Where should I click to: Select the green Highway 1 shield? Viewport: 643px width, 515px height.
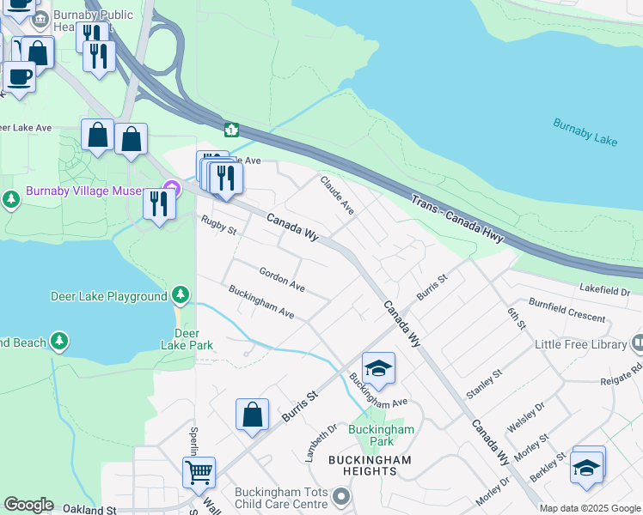[231, 130]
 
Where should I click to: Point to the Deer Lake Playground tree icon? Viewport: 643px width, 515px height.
[180, 295]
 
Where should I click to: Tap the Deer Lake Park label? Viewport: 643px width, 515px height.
[187, 339]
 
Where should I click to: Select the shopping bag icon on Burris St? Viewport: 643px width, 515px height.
[252, 415]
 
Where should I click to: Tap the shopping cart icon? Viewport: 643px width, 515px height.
[199, 471]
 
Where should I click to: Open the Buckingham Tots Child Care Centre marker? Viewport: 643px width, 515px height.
[342, 496]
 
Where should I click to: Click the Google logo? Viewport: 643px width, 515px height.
[28, 505]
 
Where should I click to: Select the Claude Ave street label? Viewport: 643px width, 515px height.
[337, 196]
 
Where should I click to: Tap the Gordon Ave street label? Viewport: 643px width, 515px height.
[282, 278]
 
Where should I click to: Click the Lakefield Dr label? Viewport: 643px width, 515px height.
[605, 292]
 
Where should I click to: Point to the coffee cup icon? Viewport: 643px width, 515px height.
[19, 76]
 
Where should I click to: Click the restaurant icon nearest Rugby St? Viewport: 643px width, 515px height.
[159, 203]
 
